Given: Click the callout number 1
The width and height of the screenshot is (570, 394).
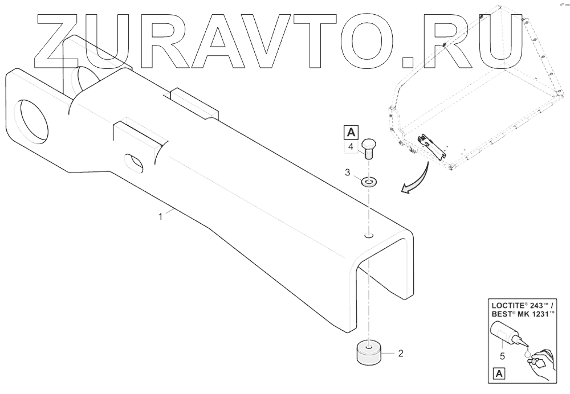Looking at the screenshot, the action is point(161,216).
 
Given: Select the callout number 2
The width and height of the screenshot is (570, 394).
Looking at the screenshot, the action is point(400,354).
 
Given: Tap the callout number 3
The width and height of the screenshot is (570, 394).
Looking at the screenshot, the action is point(348,171).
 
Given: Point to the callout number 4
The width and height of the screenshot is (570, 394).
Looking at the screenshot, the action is point(351,147).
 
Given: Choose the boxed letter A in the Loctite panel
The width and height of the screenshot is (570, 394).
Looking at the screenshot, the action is point(499,374).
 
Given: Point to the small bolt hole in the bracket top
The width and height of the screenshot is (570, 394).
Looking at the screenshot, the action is point(369,235).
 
